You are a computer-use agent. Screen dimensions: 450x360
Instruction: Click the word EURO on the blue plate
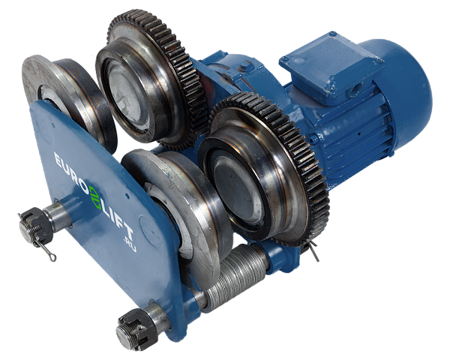71,173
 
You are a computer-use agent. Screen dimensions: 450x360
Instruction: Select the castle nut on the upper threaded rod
35,224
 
